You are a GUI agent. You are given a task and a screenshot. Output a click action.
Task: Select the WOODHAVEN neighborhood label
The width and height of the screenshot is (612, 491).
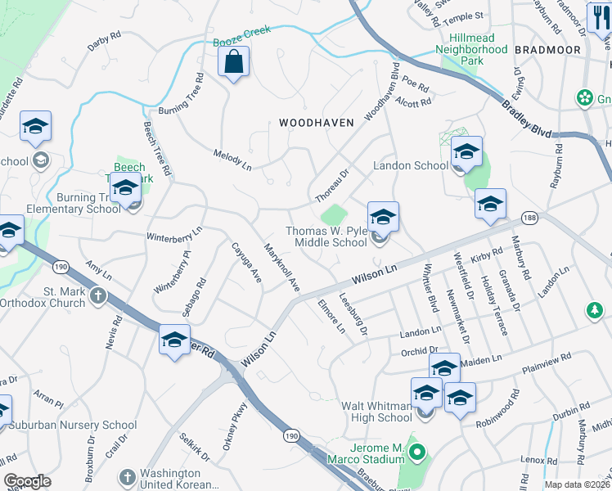(x=317, y=123)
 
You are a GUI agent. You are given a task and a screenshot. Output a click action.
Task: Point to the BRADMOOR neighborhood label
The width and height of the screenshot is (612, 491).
(x=548, y=50)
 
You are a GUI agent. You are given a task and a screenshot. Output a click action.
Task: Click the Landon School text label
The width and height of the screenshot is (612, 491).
(x=411, y=165)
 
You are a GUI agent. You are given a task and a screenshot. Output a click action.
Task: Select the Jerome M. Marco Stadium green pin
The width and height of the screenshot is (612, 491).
(x=417, y=451)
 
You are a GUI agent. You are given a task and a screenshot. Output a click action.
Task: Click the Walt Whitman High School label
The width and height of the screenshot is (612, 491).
(x=376, y=412)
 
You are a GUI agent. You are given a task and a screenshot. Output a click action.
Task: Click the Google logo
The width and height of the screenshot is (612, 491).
(x=27, y=482)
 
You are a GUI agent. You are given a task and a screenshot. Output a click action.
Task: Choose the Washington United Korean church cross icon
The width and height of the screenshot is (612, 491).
(x=126, y=476)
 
